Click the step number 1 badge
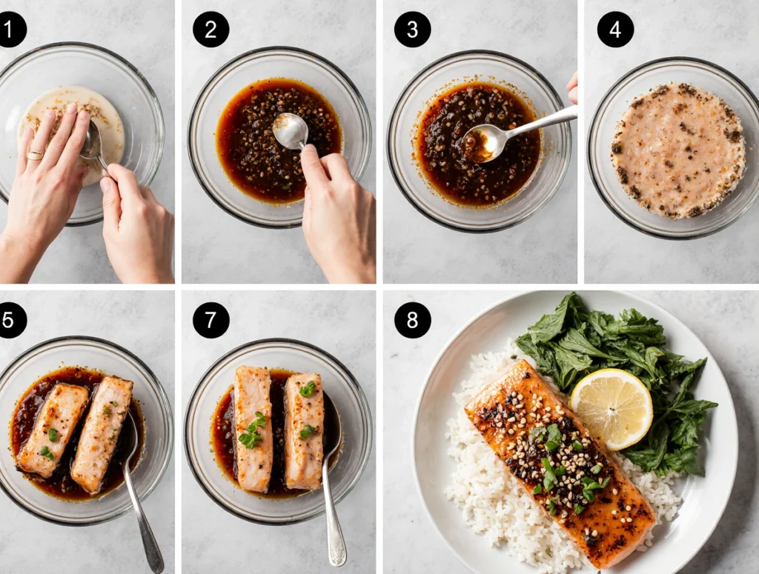coord(10,30)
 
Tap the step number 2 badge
coord(211,30)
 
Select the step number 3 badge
coord(412,30)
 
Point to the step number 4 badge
coord(615,30)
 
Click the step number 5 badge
coord(10,320)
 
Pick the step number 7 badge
coord(211,320)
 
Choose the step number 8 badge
coord(412,320)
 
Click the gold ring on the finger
coord(35,155)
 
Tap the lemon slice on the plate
coord(611,409)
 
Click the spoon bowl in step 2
coord(290,130)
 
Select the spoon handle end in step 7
coord(337,556)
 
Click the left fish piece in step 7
coord(253,429)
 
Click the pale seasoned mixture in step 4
coord(678,150)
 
